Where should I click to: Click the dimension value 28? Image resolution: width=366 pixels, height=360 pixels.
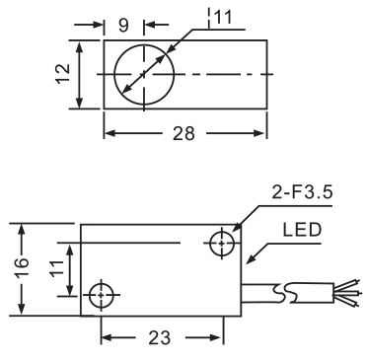click(x=183, y=134)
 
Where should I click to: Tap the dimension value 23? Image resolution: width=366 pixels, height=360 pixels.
click(x=160, y=338)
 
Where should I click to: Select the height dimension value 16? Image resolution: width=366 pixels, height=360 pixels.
click(x=23, y=267)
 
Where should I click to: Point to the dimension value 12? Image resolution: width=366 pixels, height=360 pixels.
click(x=63, y=74)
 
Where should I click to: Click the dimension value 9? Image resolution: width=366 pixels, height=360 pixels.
click(x=123, y=25)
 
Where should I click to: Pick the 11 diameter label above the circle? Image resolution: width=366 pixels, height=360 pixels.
click(x=223, y=17)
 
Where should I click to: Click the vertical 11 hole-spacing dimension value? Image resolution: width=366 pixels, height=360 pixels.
click(x=56, y=268)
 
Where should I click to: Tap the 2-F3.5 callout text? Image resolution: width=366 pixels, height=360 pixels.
click(x=302, y=192)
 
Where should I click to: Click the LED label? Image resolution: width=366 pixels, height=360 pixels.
click(x=302, y=230)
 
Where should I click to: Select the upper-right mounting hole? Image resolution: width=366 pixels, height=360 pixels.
click(x=222, y=244)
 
